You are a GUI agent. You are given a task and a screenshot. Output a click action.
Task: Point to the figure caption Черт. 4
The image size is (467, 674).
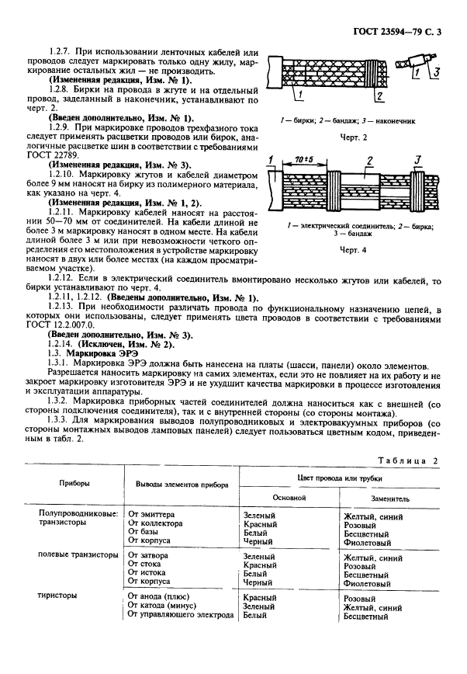350,251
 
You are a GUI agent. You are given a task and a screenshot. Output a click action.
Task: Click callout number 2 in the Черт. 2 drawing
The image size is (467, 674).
379,96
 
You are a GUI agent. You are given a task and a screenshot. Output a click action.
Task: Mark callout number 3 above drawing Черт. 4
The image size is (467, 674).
418,159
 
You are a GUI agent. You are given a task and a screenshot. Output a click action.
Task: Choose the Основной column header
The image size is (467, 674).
286,497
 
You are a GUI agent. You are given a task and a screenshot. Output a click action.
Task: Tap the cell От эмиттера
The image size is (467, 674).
151,515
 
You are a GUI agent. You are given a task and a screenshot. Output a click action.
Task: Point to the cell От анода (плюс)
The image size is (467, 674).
160,597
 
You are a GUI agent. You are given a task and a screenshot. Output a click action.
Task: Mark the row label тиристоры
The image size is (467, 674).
57,596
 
